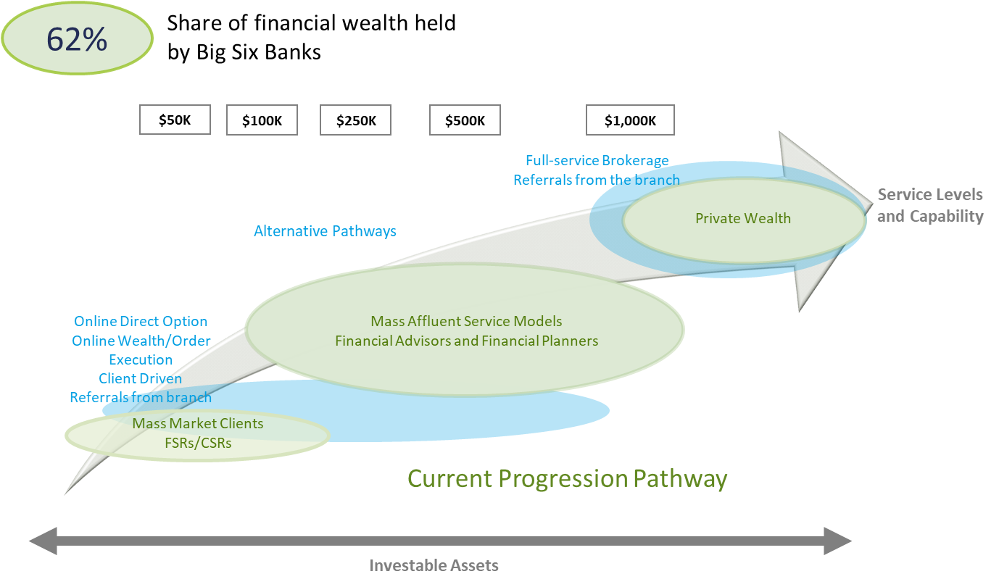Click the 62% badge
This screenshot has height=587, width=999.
[x=77, y=39]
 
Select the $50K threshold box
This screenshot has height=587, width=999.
[x=175, y=120]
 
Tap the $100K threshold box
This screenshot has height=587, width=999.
[x=262, y=121]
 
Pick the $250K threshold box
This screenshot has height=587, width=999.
[x=355, y=121]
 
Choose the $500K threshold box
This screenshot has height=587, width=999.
[x=465, y=121]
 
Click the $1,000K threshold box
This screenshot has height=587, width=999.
[x=630, y=121]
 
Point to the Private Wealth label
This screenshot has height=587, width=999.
[x=742, y=218]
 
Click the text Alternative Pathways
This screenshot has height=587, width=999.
[x=325, y=231]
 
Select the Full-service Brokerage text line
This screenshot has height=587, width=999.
[x=597, y=161]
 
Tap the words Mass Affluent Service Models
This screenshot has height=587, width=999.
[x=466, y=321]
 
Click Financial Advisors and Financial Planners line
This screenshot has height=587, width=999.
[x=466, y=341]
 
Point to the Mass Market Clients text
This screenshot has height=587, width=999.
[x=197, y=423]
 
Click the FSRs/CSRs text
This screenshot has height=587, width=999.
[x=197, y=442]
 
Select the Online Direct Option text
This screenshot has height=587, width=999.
[x=141, y=321]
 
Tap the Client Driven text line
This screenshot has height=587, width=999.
[x=141, y=378]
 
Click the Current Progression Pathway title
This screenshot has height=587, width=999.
[x=567, y=478]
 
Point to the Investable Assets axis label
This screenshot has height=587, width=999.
[x=434, y=565]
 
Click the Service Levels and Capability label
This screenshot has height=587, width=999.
[x=930, y=205]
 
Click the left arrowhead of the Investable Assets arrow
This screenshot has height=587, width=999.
[x=42, y=541]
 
